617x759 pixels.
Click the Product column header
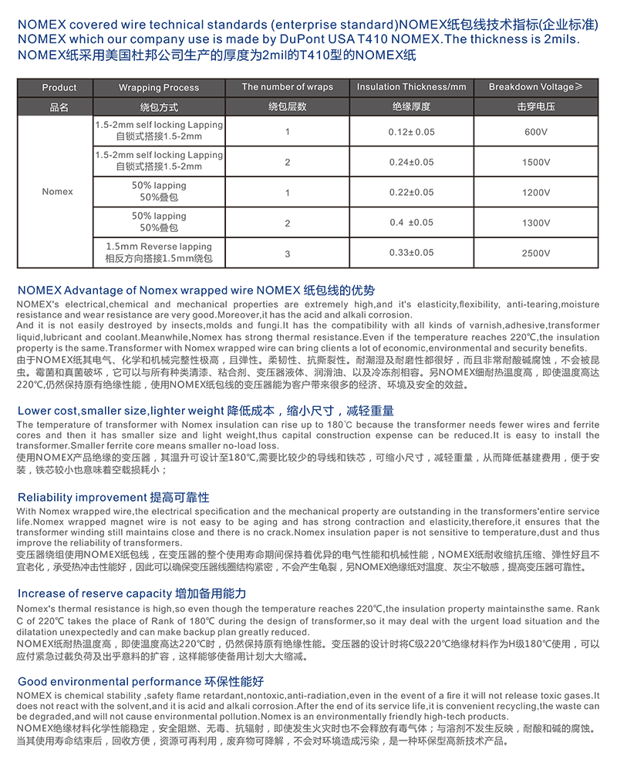coord(59,88)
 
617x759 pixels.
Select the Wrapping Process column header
coord(159,88)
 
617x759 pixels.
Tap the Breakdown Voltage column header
coord(535,87)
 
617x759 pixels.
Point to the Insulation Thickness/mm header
coord(411,87)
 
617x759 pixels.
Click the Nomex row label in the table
coord(58,192)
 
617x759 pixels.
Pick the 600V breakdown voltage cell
coord(535,132)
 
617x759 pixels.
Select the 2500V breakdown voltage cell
coord(535,253)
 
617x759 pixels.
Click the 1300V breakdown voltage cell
coord(535,223)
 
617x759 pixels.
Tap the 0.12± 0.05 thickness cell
coord(411,132)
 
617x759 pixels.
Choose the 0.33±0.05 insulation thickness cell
coord(411,253)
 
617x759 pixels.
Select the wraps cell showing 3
coord(288,253)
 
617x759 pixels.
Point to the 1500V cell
coord(535,162)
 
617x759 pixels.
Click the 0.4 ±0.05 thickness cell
coord(411,223)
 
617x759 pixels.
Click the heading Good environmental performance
coord(105,682)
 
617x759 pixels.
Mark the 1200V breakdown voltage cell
coord(535,193)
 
